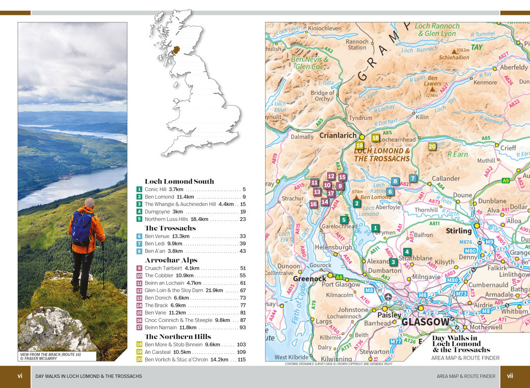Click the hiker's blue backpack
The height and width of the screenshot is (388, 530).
(81, 228)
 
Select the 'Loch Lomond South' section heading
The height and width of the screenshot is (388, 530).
(179, 181)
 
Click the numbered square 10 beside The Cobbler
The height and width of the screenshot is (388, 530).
(139, 275)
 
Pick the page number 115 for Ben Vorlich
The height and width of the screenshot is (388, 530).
(241, 359)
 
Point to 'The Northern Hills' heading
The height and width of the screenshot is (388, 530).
(177, 337)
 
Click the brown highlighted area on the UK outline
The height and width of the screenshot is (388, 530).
(176, 49)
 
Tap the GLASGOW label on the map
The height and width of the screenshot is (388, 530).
(426, 322)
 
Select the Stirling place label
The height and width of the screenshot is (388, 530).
(458, 231)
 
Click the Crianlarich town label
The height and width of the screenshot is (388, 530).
(337, 136)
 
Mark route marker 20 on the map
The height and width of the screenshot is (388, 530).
(432, 146)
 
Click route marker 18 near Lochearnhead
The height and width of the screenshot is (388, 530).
(376, 137)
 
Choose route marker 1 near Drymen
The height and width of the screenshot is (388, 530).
(375, 228)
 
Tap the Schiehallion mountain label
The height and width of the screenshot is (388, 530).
(454, 58)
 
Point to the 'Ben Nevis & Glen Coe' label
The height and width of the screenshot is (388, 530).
(309, 63)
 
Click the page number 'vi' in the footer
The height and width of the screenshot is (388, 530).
(20, 376)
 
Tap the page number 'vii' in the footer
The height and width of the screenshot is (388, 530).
(510, 376)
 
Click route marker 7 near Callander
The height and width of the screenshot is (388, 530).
(413, 178)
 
